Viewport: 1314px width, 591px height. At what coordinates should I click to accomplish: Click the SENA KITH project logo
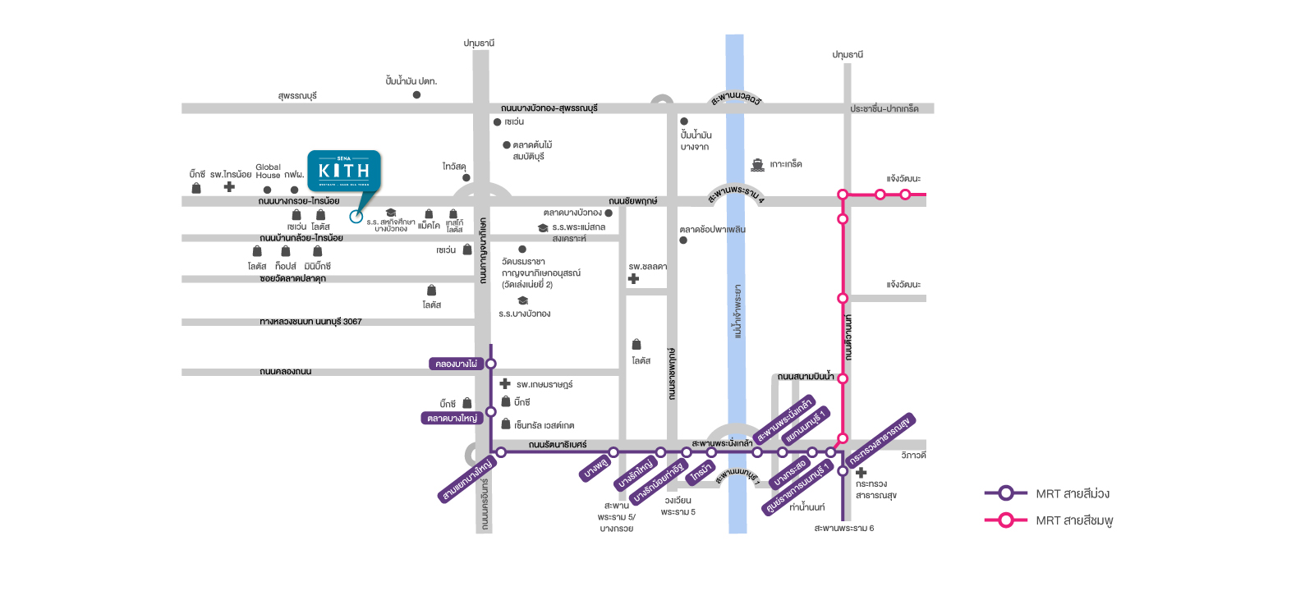(344, 170)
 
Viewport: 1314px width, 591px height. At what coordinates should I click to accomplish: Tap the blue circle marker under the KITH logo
(356, 217)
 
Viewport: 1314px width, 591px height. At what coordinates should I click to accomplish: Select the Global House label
(268, 171)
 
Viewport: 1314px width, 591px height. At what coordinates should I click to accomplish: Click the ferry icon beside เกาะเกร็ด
(757, 165)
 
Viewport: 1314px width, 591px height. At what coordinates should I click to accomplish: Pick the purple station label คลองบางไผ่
(456, 364)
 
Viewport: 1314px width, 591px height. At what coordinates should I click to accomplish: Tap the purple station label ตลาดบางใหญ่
(452, 418)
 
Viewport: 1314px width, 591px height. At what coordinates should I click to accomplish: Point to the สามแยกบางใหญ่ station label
(466, 479)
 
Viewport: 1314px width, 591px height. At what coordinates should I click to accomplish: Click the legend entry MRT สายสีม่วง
(1072, 493)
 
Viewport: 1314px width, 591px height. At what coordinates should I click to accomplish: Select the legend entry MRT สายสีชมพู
(1073, 520)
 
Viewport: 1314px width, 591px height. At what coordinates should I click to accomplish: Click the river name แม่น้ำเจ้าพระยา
(737, 311)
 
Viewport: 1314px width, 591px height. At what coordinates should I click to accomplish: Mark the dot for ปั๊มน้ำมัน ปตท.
(416, 95)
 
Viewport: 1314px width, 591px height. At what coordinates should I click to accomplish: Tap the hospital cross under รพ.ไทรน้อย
(229, 187)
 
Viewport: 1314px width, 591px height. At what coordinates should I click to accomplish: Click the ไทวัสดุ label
(454, 167)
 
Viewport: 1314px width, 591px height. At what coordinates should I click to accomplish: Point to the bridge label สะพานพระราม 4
(736, 195)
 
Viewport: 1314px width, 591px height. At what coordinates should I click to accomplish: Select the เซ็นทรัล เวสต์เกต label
(544, 425)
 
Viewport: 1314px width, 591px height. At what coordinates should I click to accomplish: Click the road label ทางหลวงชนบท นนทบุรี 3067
(310, 322)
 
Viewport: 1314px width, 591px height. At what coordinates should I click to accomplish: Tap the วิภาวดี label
(913, 455)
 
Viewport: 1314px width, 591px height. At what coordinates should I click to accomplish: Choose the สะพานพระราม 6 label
(843, 528)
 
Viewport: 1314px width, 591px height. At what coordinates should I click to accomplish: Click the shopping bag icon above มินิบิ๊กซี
(317, 251)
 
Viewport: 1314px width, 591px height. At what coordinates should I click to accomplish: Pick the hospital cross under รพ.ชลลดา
(633, 279)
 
